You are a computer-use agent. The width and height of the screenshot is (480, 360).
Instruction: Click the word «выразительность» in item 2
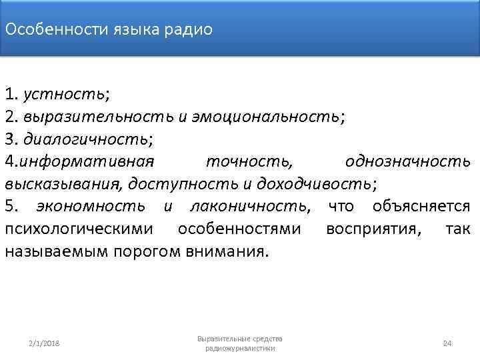98,117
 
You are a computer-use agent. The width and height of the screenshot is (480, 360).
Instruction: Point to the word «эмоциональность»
265,117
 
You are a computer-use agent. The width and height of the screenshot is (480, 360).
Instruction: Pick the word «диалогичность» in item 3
85,139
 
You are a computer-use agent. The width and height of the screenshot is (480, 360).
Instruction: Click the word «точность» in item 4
249,161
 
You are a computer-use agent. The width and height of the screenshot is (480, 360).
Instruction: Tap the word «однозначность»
408,161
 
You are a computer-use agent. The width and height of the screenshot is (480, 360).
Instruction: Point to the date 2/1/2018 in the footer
45,343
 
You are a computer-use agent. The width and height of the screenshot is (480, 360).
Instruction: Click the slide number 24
447,343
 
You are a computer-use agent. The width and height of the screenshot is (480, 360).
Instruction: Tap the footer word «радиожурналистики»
240,348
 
